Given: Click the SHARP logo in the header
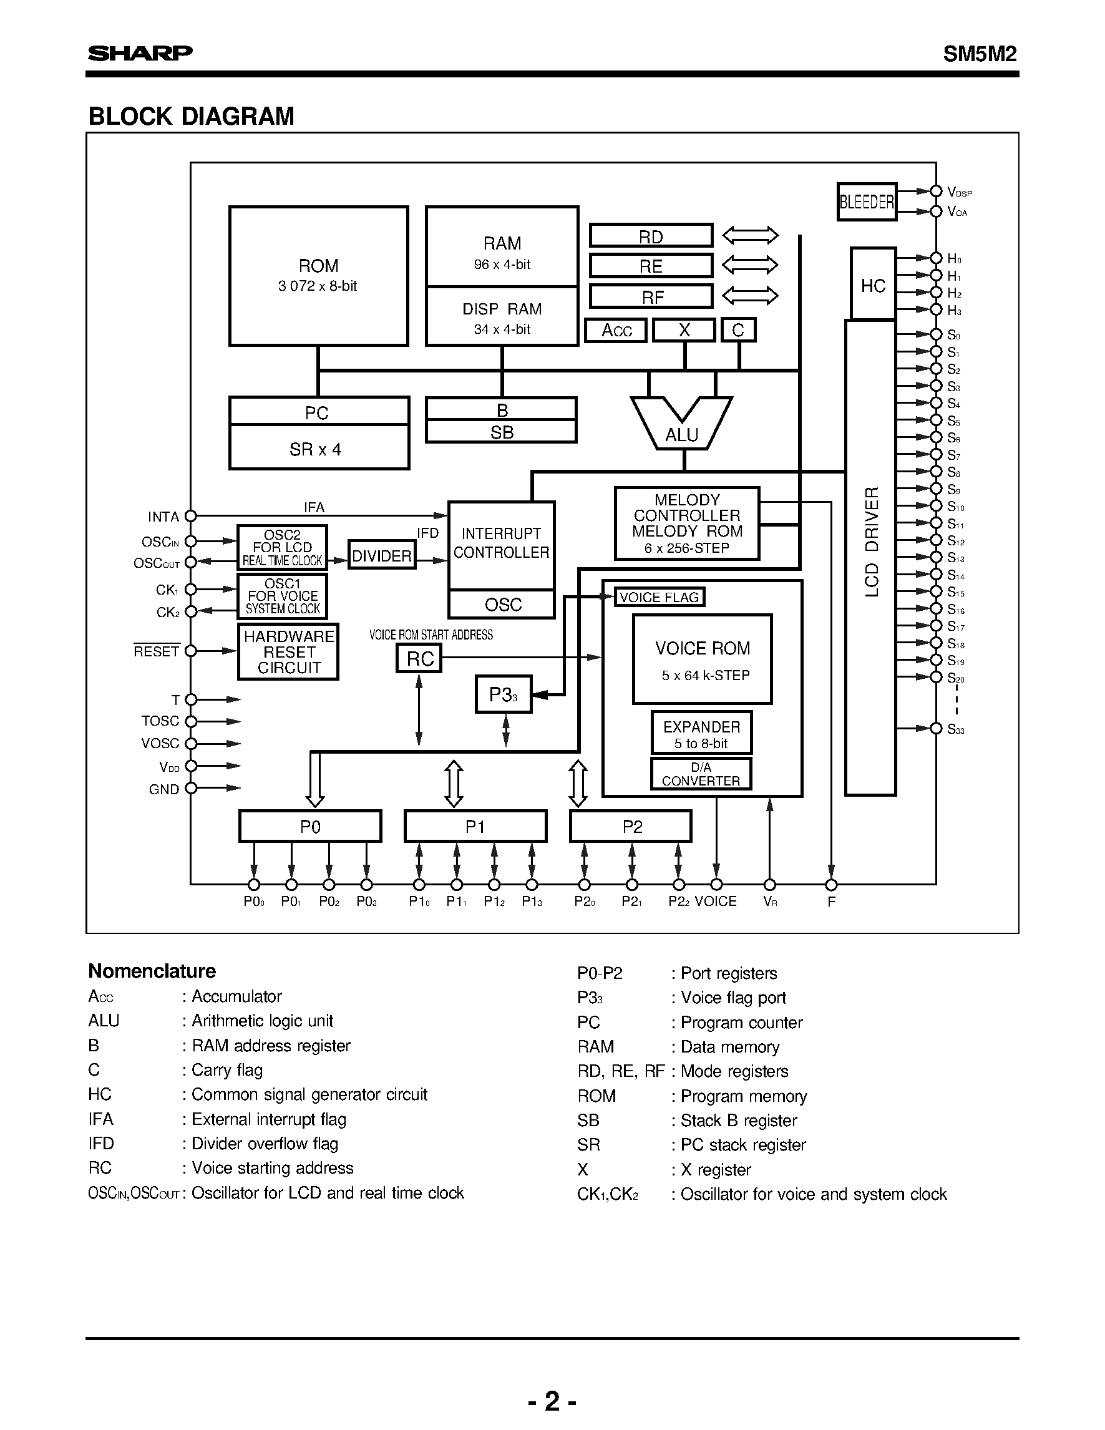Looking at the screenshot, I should click(140, 53).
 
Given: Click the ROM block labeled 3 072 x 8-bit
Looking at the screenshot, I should click(318, 276).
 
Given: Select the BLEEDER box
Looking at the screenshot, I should click(867, 202).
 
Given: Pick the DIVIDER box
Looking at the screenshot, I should click(382, 555).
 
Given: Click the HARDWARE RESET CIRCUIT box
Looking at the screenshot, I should click(288, 651).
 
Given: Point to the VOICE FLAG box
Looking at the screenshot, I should click(660, 597).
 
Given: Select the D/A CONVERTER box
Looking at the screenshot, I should click(701, 774).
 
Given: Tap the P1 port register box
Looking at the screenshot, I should click(475, 826).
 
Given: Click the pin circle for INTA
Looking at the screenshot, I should click(190, 516).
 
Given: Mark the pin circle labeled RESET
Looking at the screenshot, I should click(190, 651).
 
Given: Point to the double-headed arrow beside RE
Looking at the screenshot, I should click(749, 265).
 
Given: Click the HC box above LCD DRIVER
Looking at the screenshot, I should click(873, 285).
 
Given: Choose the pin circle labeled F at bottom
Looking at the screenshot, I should click(830, 885).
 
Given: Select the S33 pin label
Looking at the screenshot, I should click(956, 729).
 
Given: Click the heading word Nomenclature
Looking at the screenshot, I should click(152, 971).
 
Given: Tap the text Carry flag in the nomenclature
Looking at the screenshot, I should click(226, 1070).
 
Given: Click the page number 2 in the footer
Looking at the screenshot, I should click(553, 1401).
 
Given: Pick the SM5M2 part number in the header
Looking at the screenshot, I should click(980, 54).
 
